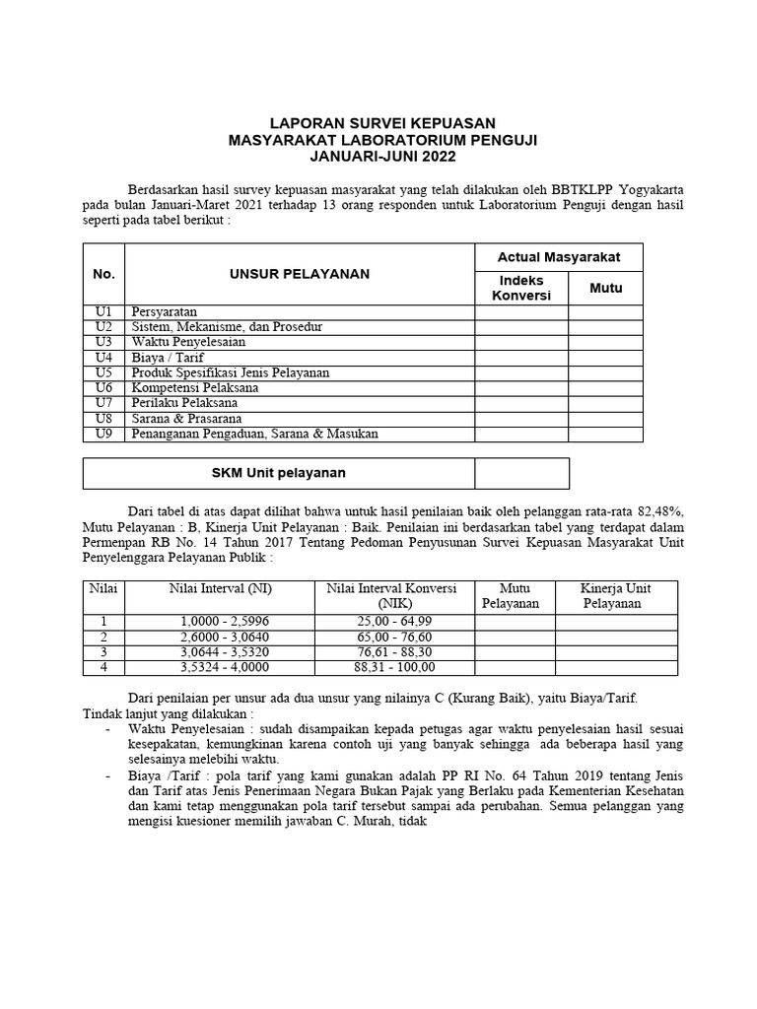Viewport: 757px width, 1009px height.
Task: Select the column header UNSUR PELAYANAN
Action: point(301,274)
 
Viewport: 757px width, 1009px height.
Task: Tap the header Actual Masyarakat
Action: point(559,257)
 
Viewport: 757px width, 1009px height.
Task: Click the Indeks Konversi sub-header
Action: point(521,289)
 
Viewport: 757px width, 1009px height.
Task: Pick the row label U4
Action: point(103,358)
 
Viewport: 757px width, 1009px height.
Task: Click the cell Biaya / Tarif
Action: point(167,358)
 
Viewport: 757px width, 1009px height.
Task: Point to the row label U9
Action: point(103,434)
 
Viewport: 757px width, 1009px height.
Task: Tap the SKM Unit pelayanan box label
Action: point(279,473)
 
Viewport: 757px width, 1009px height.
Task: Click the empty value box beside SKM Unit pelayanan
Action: point(521,473)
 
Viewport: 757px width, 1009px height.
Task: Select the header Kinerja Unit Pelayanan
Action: point(616,595)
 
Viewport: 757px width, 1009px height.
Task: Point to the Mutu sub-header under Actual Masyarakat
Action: point(605,289)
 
